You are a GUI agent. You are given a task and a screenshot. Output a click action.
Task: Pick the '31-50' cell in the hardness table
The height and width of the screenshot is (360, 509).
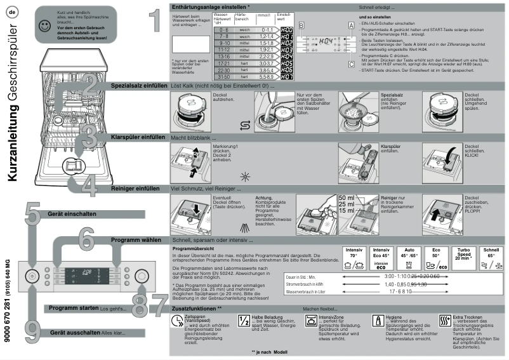coord(224,77)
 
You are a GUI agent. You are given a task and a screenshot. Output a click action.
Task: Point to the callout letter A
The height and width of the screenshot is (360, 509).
coord(350,24)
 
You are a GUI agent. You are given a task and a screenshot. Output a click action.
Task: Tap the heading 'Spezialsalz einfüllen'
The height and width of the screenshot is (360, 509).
coord(139,85)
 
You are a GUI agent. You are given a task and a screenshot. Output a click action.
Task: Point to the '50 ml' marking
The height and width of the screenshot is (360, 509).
coord(347,198)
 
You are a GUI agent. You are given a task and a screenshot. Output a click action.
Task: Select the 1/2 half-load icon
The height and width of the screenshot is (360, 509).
coord(242,321)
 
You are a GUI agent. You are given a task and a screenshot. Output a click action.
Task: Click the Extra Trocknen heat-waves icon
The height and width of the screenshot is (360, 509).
coord(444,321)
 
